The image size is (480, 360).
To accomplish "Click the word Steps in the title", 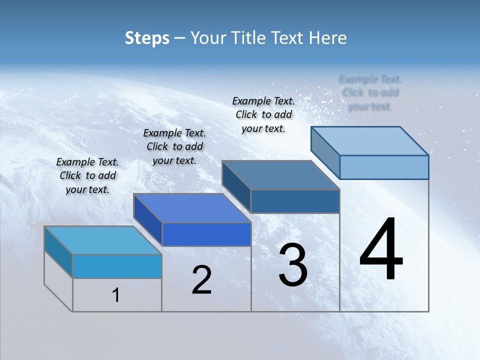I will [x=147, y=38].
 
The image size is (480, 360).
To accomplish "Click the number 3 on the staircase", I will [x=293, y=265].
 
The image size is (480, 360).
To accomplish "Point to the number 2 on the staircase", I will [x=202, y=280].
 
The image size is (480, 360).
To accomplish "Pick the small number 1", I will [x=116, y=295].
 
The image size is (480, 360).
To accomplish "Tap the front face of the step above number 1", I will [x=117, y=266].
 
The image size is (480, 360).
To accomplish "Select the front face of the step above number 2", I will [x=206, y=234].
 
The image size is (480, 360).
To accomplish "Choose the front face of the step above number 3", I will [x=295, y=201].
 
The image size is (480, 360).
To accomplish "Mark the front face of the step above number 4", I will [x=384, y=167].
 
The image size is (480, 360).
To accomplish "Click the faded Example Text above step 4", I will [x=370, y=92].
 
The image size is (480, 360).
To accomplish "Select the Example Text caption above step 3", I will [x=263, y=114].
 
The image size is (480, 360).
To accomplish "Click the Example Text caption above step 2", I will [x=174, y=146].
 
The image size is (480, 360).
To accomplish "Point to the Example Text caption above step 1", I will [x=87, y=175].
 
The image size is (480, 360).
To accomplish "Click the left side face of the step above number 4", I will [x=325, y=152].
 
